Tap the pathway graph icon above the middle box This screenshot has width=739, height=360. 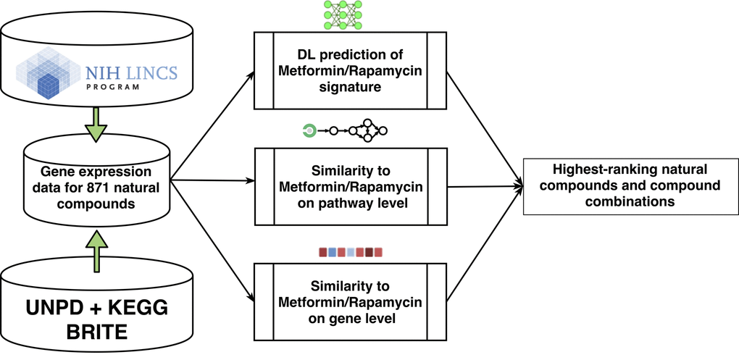[345, 131]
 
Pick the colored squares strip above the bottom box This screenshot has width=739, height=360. [350, 253]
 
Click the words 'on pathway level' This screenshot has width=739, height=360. [350, 204]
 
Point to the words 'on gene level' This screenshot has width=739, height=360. [350, 316]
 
